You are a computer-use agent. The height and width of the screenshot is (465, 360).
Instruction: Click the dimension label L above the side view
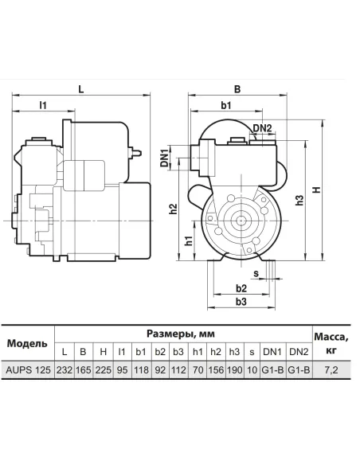[x=80, y=89]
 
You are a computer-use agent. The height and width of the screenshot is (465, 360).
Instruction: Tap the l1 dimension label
[x=43, y=105]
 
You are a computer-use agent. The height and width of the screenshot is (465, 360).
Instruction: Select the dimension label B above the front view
[x=237, y=89]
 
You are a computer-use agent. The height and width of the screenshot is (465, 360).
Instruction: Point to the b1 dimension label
[x=226, y=105]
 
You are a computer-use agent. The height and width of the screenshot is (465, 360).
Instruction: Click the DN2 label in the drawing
[x=262, y=128]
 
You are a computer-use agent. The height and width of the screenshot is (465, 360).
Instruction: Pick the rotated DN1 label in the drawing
[x=165, y=158]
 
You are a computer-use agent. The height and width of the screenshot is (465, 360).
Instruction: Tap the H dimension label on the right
[x=317, y=190]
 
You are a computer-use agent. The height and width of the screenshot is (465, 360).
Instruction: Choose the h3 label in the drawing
[x=299, y=200]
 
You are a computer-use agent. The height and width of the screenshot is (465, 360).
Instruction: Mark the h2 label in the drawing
[x=173, y=209]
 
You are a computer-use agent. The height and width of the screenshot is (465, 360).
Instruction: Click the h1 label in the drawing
[x=189, y=240]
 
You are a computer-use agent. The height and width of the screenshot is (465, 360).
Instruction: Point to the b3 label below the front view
[x=241, y=302]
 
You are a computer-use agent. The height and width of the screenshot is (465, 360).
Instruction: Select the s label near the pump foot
[x=256, y=273]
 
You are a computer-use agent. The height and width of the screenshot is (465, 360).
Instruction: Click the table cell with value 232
[x=65, y=369]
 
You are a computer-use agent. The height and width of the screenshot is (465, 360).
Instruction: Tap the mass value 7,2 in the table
[x=331, y=370]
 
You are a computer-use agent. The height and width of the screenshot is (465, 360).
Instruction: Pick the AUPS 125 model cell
[x=28, y=369]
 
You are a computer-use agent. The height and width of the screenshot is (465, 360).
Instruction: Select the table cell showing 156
[x=216, y=369]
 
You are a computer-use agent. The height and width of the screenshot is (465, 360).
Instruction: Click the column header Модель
[x=27, y=343]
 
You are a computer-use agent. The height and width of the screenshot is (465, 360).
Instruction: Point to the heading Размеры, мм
[x=181, y=334]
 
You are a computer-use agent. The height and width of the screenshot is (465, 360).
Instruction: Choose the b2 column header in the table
[x=160, y=352]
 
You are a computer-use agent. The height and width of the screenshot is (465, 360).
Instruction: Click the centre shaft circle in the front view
[x=240, y=221]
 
